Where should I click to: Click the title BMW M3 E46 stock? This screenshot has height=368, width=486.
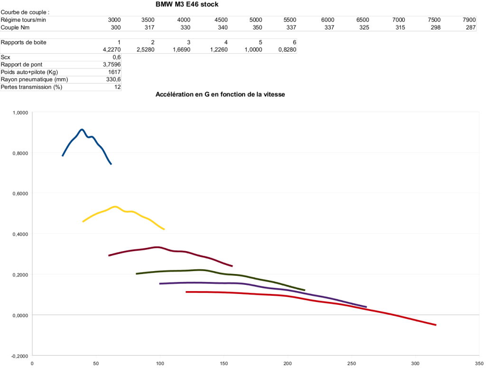pyautogui.click(x=187, y=4)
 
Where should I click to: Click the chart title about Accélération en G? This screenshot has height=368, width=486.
pyautogui.click(x=220, y=94)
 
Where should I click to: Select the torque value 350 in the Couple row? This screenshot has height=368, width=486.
pyautogui.click(x=256, y=28)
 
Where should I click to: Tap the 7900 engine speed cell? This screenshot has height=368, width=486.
pyautogui.click(x=469, y=20)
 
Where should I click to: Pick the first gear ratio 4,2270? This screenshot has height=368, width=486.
pyautogui.click(x=112, y=50)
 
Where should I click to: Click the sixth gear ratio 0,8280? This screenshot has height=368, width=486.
pyautogui.click(x=288, y=50)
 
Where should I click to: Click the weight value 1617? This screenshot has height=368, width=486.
pyautogui.click(x=114, y=72)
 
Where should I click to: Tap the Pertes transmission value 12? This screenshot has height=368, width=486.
pyautogui.click(x=117, y=87)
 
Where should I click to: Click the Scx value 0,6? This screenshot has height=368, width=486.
pyautogui.click(x=116, y=57)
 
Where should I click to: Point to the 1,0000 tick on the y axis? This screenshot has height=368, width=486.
pyautogui.click(x=19, y=113)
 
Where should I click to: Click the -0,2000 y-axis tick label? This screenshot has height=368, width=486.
pyautogui.click(x=19, y=356)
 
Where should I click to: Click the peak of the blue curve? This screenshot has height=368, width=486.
pyautogui.click(x=82, y=129)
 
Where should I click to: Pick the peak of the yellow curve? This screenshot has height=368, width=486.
pyautogui.click(x=115, y=207)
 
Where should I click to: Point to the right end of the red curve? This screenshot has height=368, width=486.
pyautogui.click(x=435, y=325)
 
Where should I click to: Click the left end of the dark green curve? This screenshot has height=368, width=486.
pyautogui.click(x=137, y=274)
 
